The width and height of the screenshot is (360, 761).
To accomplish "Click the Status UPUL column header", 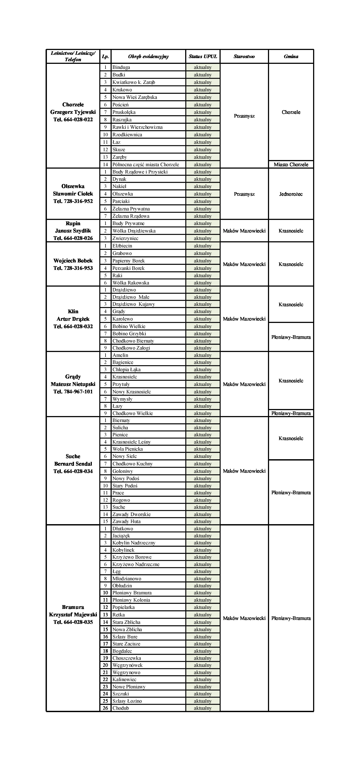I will pyautogui.click(x=203, y=56).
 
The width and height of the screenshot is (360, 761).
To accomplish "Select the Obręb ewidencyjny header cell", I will pyautogui.click(x=148, y=56).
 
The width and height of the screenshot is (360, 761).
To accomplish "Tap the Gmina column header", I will pyautogui.click(x=291, y=56).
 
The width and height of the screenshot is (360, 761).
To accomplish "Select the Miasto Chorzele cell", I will pyautogui.click(x=291, y=164).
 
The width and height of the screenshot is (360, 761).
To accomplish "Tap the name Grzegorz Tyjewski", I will pyautogui.click(x=73, y=112).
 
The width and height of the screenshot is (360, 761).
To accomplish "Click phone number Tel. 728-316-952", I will pyautogui.click(x=73, y=201).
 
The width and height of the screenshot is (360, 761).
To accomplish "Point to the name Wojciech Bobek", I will pyautogui.click(x=73, y=261).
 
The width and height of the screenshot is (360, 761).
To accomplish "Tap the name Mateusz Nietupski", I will pyautogui.click(x=73, y=384).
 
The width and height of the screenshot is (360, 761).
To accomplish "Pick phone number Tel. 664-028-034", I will pyautogui.click(x=73, y=471).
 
